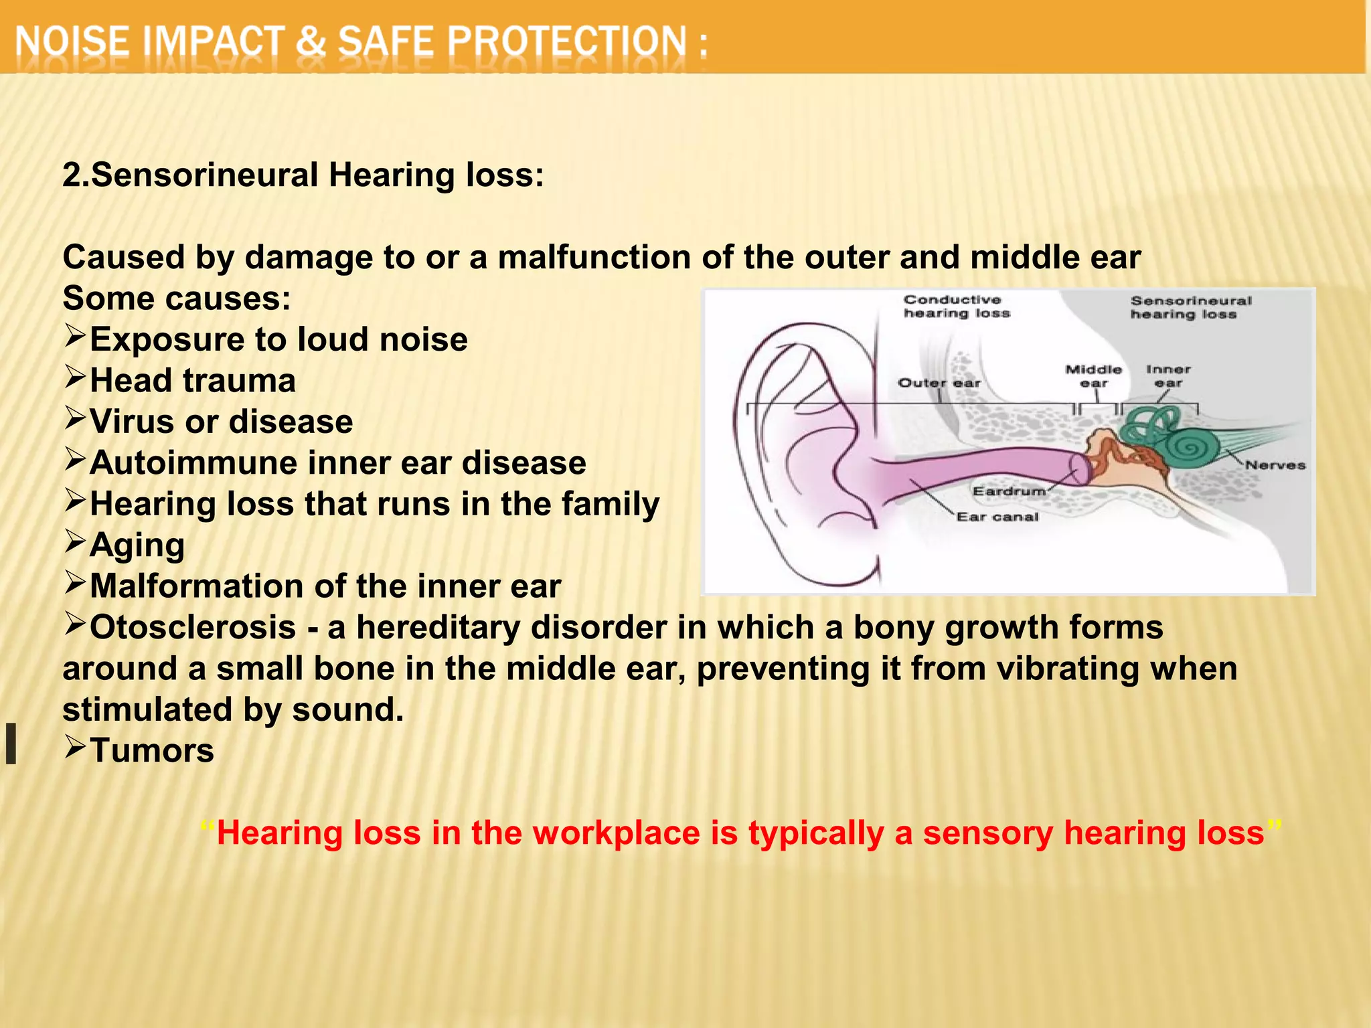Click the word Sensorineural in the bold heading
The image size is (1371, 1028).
[204, 175]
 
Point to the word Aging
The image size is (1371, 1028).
[137, 545]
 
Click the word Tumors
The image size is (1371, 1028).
[152, 750]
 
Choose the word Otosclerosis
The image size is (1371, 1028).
[193, 628]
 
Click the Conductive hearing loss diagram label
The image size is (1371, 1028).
[956, 307]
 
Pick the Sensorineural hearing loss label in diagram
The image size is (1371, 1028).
[1190, 308]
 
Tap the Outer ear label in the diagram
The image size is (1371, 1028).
[939, 383]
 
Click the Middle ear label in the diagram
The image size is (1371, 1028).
[1093, 376]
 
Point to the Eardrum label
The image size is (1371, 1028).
[1009, 491]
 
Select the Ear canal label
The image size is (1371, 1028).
[997, 517]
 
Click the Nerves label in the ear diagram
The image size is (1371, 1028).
[1275, 465]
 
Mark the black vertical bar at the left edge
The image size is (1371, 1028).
[11, 743]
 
